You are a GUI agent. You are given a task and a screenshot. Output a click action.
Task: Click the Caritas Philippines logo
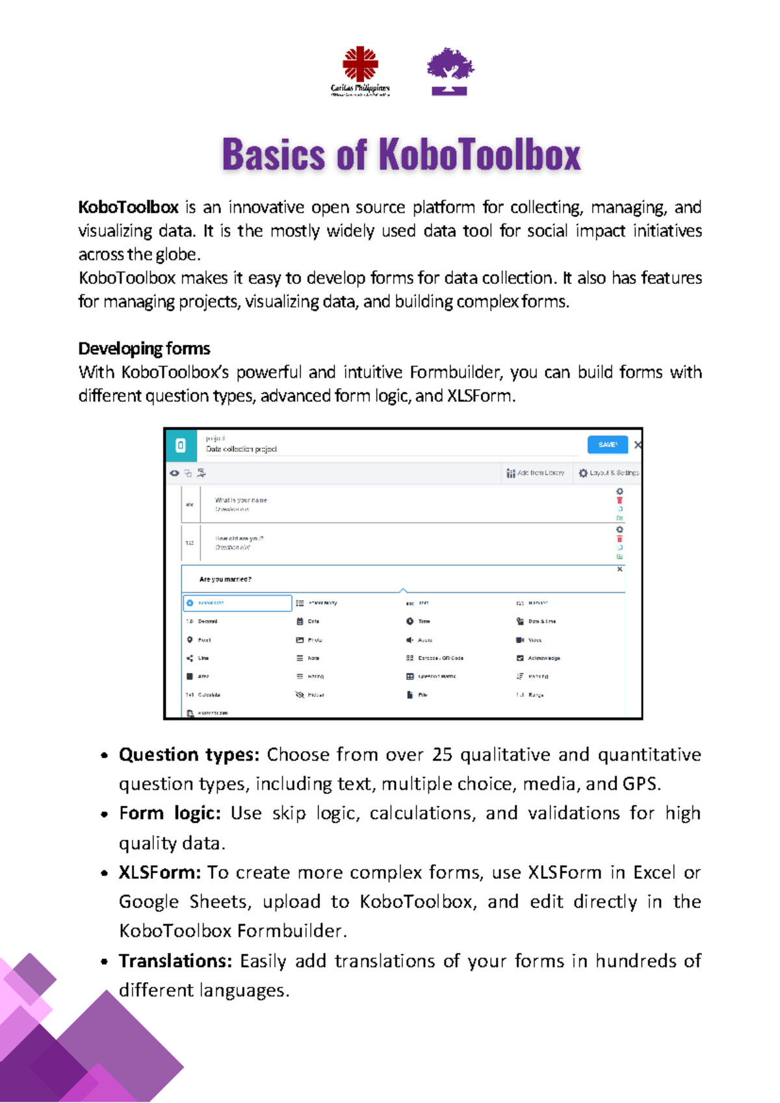coord(360,70)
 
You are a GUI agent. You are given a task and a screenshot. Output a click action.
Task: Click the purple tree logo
coord(450,71)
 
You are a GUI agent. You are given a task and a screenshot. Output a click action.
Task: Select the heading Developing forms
coord(144,349)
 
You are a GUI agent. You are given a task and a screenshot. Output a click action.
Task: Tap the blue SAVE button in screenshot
coord(607,444)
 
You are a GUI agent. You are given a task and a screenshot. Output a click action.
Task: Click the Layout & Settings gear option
coord(609,473)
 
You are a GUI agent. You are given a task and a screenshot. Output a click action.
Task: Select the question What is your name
coord(240,500)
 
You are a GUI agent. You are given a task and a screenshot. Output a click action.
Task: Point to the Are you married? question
coord(225,579)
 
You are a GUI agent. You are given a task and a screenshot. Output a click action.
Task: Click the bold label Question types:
coord(188,754)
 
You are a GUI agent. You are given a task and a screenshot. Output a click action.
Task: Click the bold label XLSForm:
coord(160,872)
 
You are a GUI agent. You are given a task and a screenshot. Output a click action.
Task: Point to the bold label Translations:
coord(175,961)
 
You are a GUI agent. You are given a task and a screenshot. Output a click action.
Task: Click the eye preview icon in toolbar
coord(175,473)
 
